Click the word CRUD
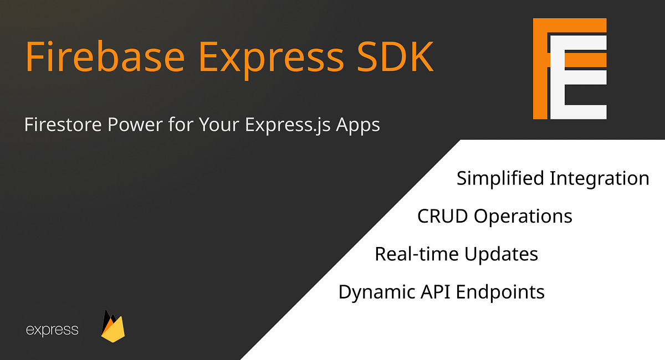(x=442, y=216)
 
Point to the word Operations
(x=523, y=216)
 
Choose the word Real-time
(x=417, y=254)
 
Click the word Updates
(x=501, y=254)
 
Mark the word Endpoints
(x=500, y=291)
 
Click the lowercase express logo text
(x=52, y=331)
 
